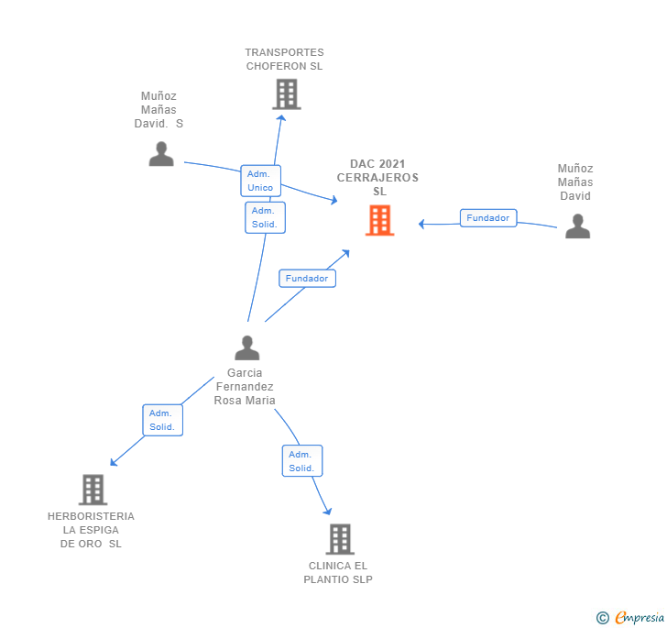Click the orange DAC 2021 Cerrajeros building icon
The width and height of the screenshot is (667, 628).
point(379,221)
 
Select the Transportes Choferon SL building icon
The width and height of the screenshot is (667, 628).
point(286,94)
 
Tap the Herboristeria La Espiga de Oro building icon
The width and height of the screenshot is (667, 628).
point(93,490)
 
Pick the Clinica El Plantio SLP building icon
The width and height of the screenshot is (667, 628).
point(340,539)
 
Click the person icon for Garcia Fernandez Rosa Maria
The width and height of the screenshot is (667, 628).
point(247,348)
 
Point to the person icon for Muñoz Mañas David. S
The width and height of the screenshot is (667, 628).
point(161,154)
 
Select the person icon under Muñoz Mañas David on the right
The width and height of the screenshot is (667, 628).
point(577,226)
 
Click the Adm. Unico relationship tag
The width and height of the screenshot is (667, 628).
point(260,181)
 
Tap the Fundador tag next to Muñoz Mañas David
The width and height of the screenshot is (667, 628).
point(487,218)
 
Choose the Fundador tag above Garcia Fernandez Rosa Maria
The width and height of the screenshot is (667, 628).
point(307,278)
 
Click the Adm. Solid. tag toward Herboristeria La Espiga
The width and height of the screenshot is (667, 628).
point(162,420)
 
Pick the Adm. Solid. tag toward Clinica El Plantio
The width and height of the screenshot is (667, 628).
point(301,461)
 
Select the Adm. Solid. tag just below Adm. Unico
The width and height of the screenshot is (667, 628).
point(265,217)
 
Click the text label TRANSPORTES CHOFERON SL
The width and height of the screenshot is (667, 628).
point(284,60)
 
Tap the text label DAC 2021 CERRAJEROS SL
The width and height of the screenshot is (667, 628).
point(377,178)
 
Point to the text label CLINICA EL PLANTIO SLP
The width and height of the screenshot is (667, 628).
point(338,572)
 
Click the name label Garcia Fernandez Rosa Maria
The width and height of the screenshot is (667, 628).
point(245,386)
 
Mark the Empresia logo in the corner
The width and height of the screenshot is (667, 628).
point(639,617)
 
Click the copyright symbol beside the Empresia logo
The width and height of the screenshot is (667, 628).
point(603,618)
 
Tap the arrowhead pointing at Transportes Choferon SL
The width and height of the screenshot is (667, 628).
point(281,116)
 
